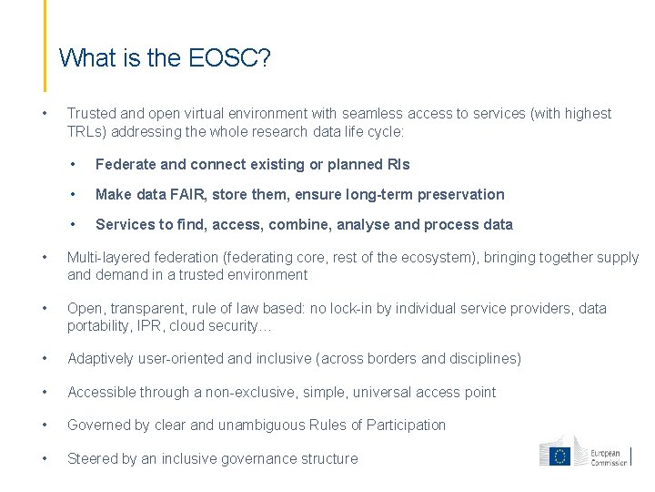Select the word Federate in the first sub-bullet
(126, 165)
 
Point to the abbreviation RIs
(398, 165)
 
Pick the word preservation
(460, 194)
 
